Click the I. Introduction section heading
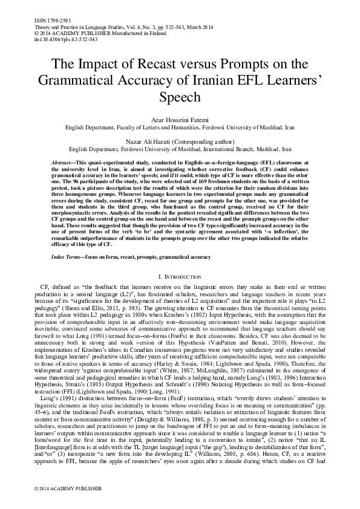point(180,276)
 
